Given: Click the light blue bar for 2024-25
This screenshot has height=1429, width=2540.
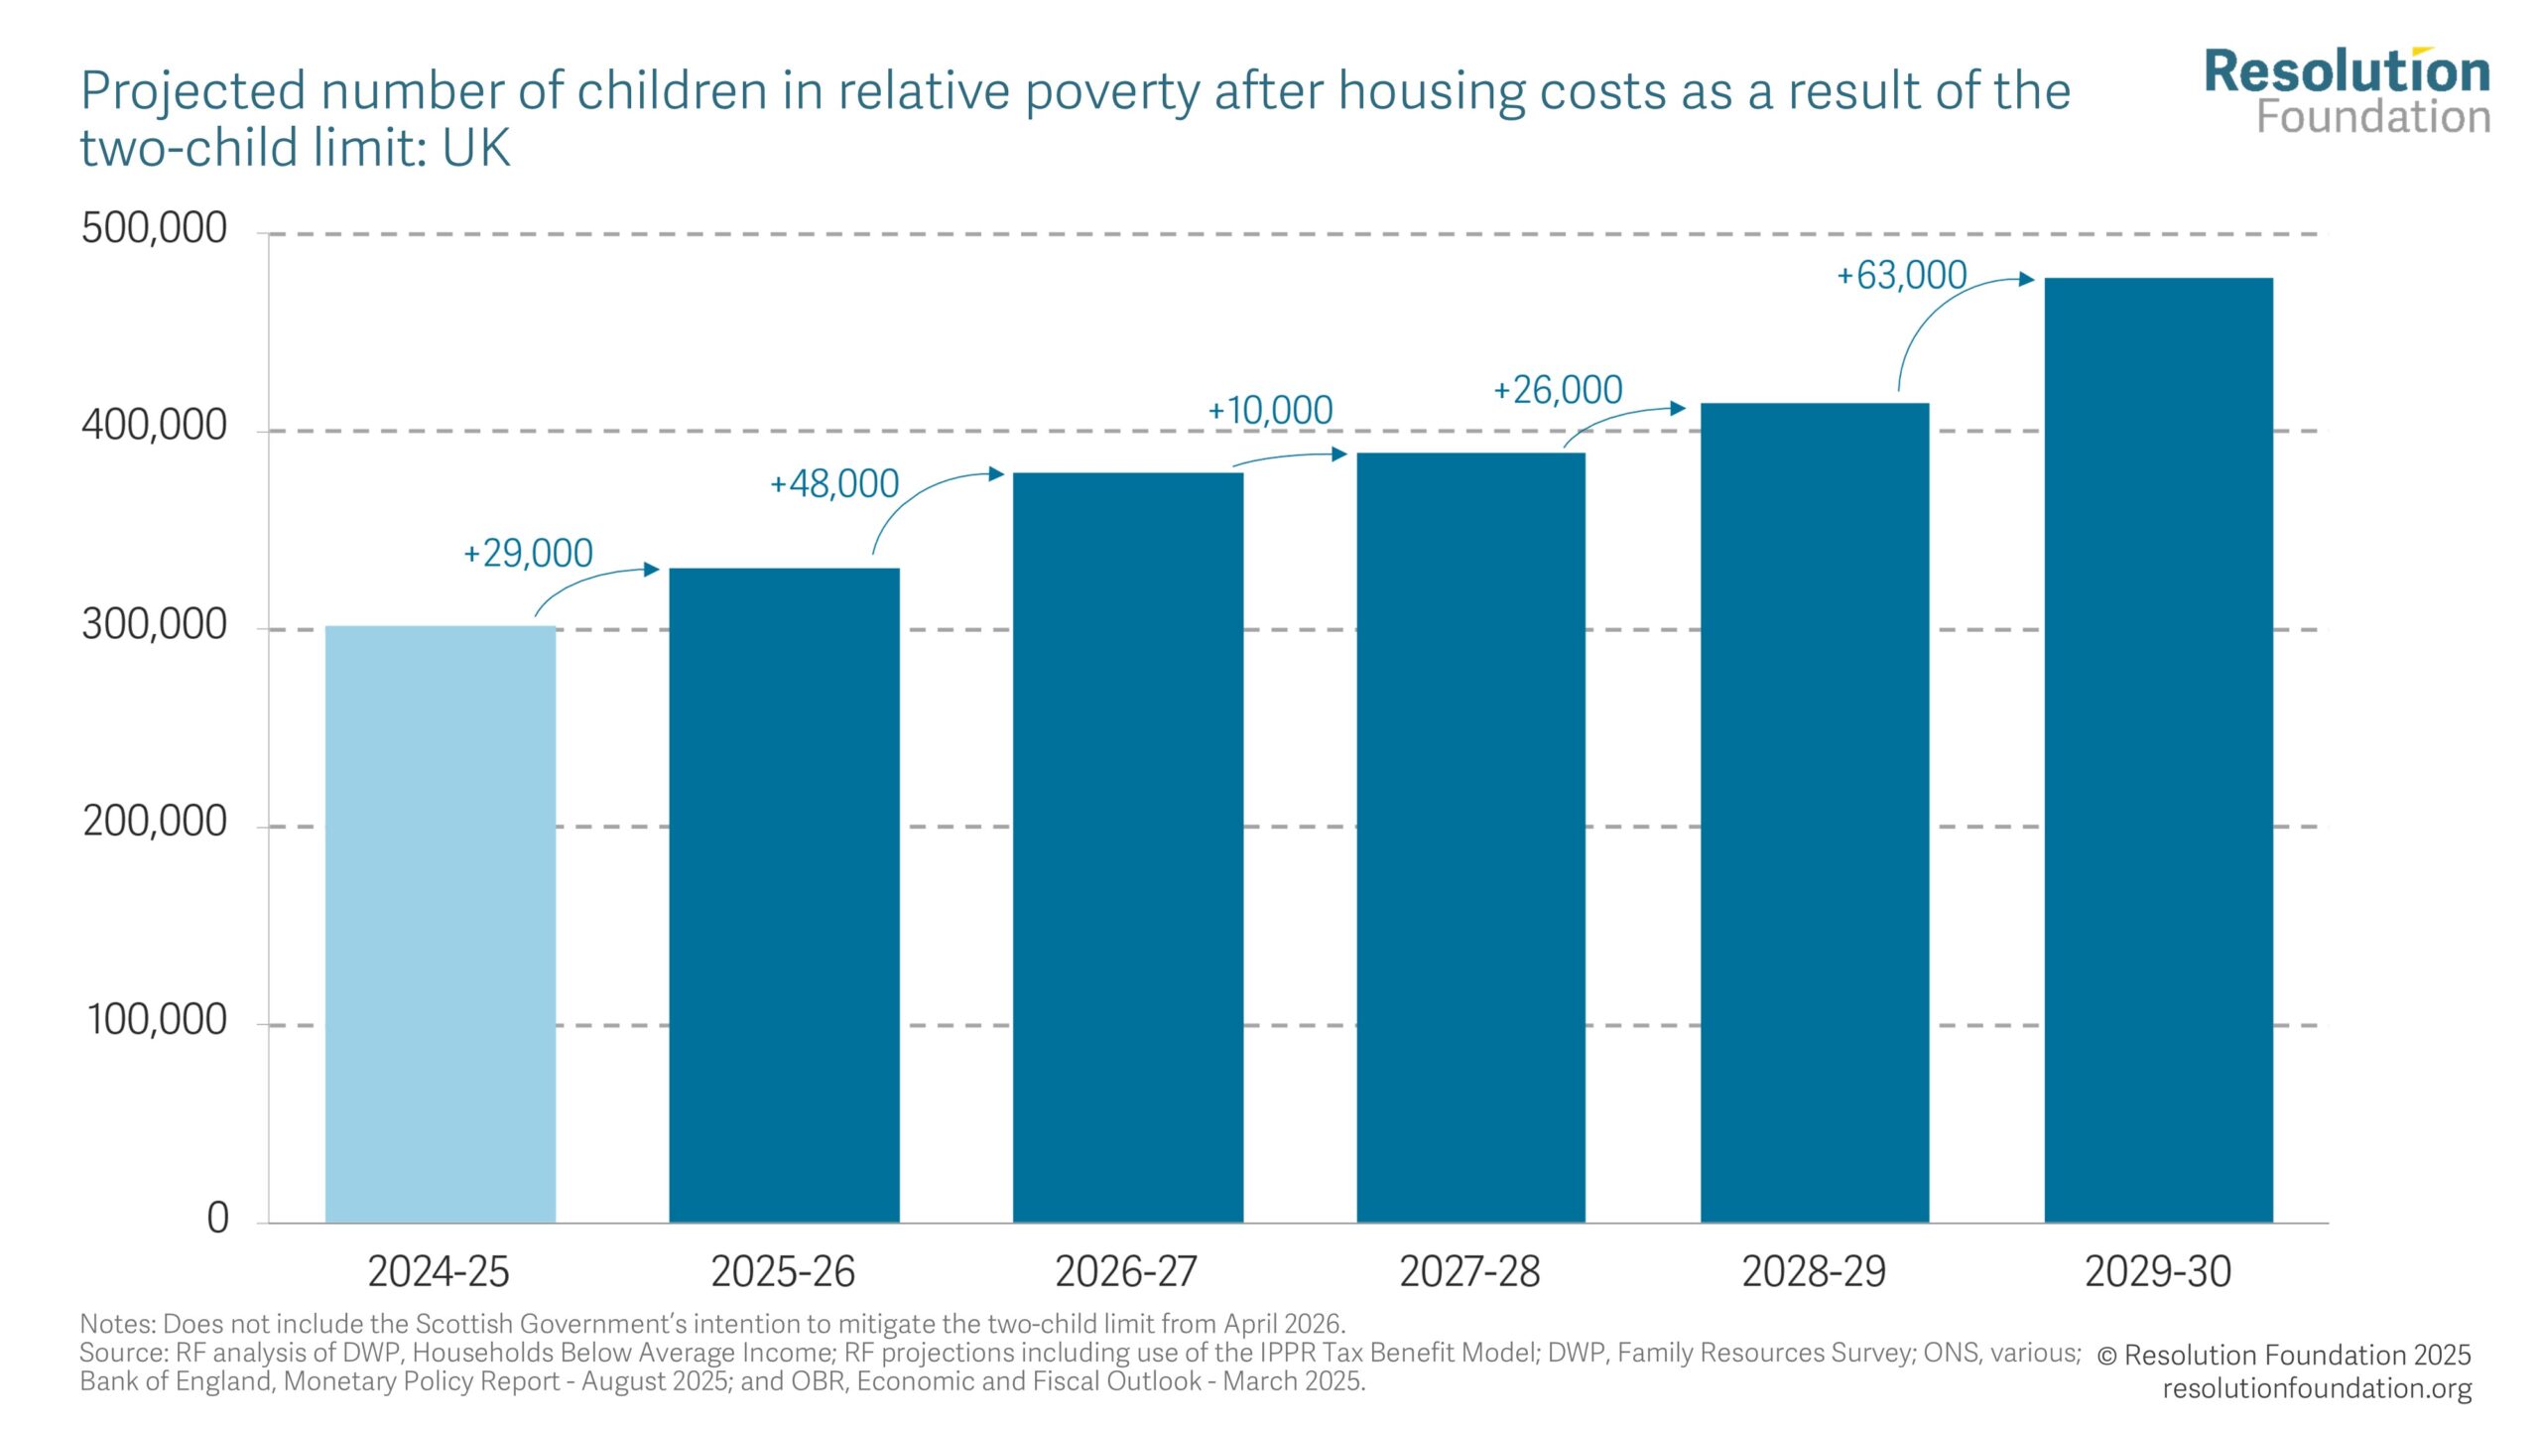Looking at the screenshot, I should click(440, 923).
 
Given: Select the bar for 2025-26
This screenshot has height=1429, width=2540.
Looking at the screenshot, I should click(784, 893).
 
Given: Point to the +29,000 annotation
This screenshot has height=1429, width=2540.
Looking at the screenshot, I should click(529, 553).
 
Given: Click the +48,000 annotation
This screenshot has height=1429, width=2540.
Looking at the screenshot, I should click(834, 484).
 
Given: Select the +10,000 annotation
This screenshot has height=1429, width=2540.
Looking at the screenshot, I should click(1270, 410).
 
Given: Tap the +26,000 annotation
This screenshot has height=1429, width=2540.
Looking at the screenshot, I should click(1558, 390).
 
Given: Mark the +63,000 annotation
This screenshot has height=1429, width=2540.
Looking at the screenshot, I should click(1901, 275).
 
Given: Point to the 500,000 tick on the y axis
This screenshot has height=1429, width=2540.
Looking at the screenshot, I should click(154, 228).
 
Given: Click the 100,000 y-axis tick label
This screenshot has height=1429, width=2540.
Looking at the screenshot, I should click(157, 1020).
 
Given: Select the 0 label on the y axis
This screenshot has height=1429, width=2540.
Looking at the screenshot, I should click(217, 1218).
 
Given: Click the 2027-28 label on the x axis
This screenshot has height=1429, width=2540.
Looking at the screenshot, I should click(1469, 1271).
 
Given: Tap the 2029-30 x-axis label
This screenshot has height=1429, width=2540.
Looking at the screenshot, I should click(2158, 1271).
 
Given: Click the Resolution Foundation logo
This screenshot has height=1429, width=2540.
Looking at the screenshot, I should click(2347, 91).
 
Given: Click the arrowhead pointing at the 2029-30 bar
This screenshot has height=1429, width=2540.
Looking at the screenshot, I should click(2027, 279).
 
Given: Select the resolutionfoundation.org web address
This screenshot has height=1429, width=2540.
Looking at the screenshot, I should click(2317, 1387).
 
